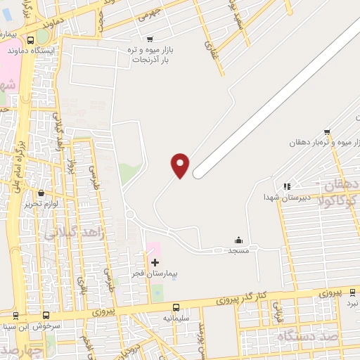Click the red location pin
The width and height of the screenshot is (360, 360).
pyautogui.click(x=180, y=165)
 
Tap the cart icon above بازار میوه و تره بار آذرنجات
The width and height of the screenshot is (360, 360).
pyautogui.click(x=149, y=39)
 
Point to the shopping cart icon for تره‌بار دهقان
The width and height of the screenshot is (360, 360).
pyautogui.click(x=327, y=131)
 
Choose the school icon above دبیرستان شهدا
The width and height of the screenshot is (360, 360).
pyautogui.click(x=286, y=186)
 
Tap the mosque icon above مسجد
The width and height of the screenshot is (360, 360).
pyautogui.click(x=238, y=240)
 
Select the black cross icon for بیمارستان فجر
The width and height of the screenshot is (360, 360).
pyautogui.click(x=155, y=262)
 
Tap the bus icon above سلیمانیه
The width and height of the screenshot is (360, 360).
pyautogui.click(x=175, y=307)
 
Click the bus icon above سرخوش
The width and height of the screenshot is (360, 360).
pyautogui.click(x=46, y=316)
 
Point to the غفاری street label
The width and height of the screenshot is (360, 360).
pyautogui.click(x=209, y=46)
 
